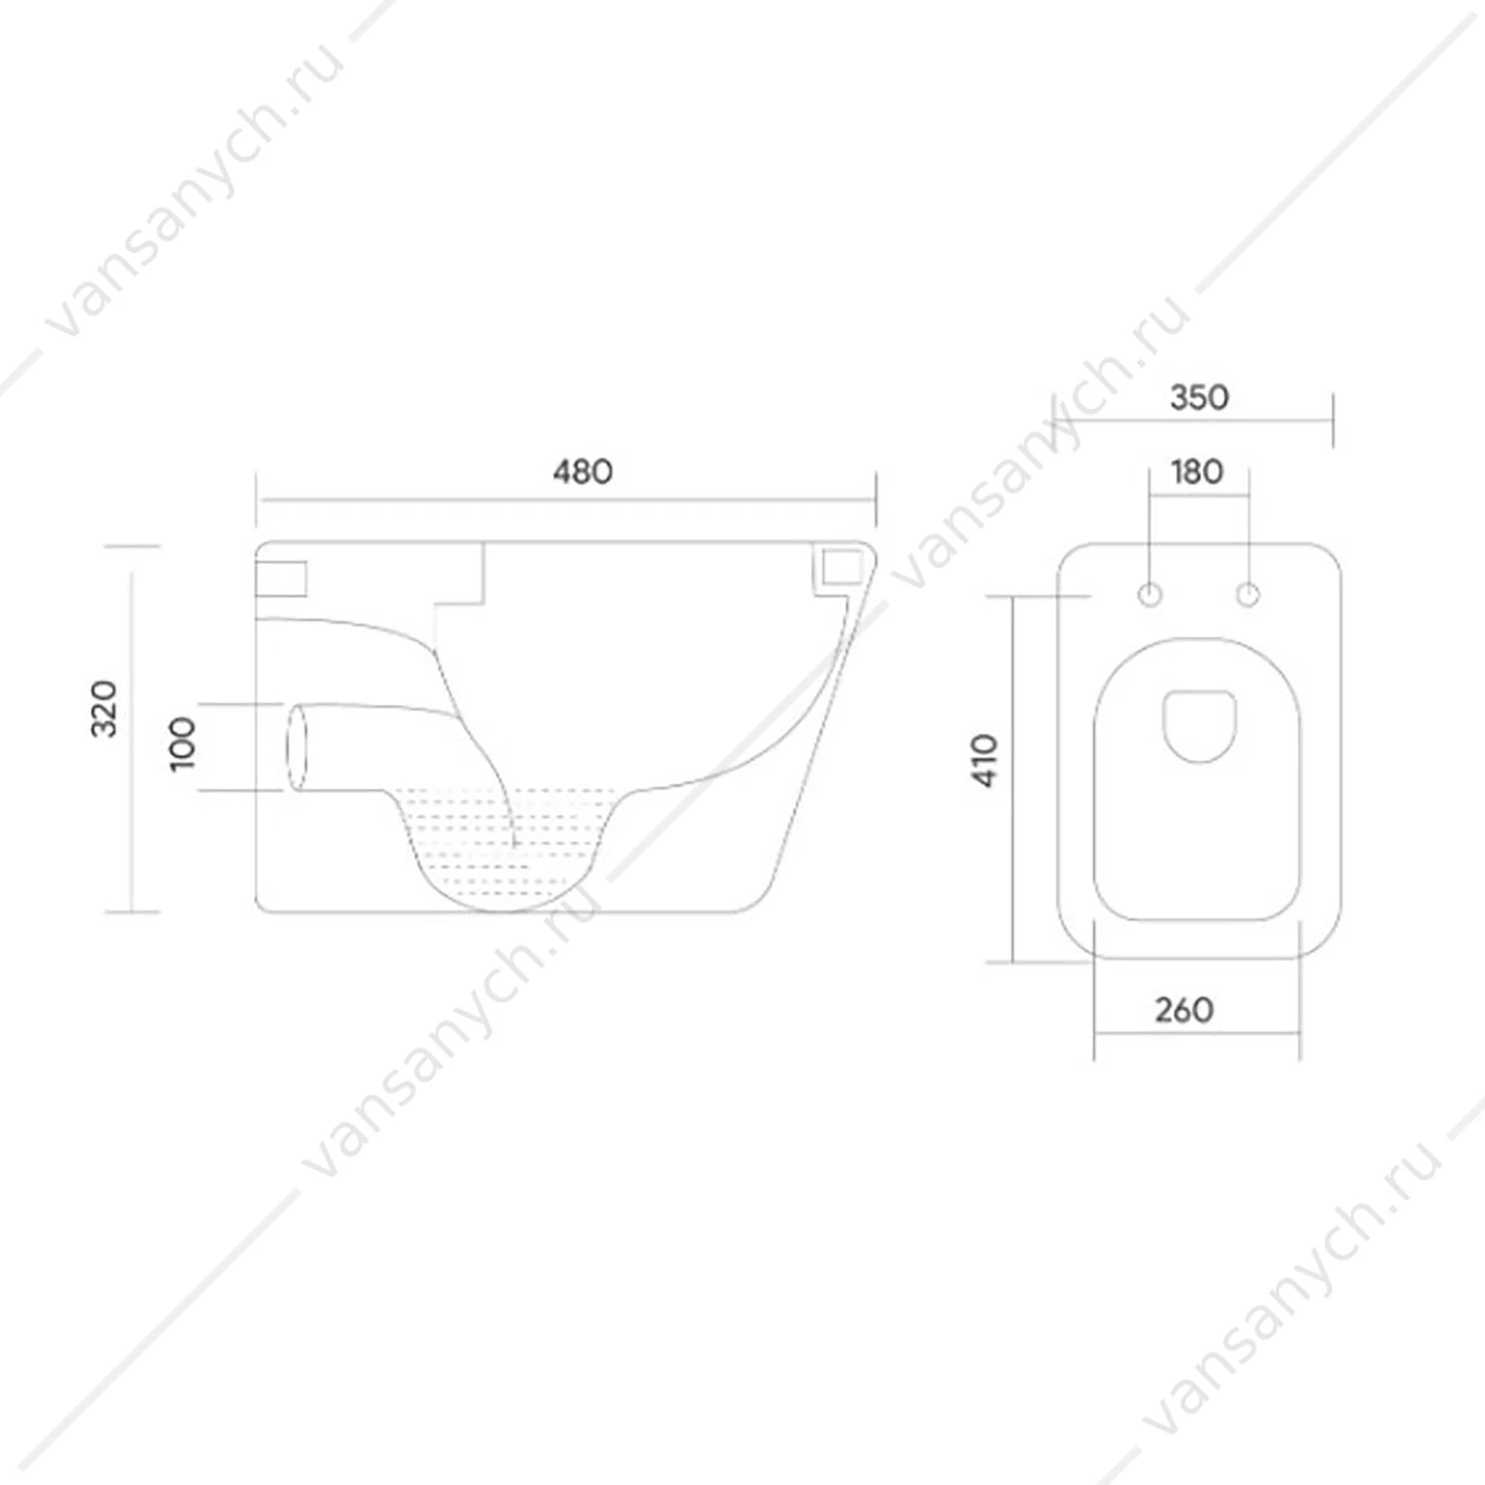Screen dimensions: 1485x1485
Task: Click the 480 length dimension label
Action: pyautogui.click(x=583, y=470)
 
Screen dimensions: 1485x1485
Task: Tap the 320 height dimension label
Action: pyautogui.click(x=103, y=708)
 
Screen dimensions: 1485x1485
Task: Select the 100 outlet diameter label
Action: pyautogui.click(x=182, y=743)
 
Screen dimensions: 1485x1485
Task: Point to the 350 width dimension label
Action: pyautogui.click(x=1199, y=397)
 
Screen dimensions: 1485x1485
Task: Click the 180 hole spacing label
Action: pyautogui.click(x=1197, y=471)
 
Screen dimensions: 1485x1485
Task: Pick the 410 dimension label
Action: pyautogui.click(x=984, y=760)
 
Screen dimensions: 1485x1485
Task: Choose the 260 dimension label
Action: pyautogui.click(x=1184, y=1010)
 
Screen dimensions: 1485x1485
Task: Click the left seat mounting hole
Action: pyautogui.click(x=1151, y=595)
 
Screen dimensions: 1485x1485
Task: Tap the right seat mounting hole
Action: pyautogui.click(x=1248, y=595)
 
